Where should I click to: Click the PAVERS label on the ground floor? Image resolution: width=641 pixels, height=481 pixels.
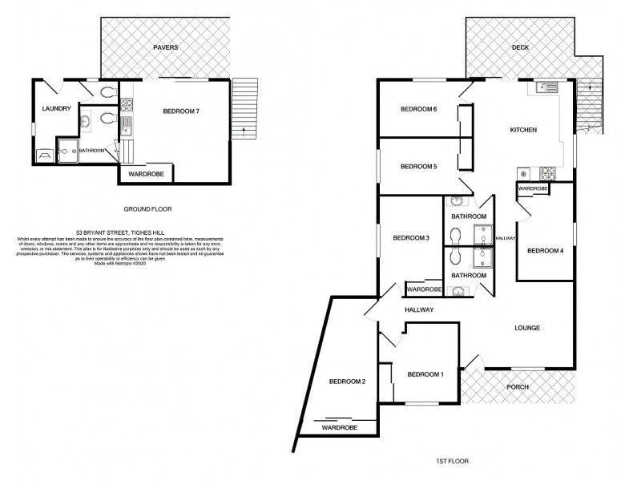[167, 47]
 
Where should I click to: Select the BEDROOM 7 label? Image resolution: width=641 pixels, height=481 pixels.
[181, 111]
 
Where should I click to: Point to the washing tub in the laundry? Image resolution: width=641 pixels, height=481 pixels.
[43, 153]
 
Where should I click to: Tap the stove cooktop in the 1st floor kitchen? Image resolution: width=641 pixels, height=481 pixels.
[549, 172]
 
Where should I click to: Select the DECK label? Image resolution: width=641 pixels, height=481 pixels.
[522, 47]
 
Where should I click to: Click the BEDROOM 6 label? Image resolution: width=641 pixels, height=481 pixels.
[418, 110]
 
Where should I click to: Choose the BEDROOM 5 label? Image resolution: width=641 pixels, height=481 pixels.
[418, 167]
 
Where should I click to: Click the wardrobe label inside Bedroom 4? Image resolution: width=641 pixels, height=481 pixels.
[533, 189]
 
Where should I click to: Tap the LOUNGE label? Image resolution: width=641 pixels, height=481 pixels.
[527, 328]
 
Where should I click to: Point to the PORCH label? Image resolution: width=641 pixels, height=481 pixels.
[518, 387]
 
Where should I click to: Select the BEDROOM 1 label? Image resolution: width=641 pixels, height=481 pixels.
[425, 374]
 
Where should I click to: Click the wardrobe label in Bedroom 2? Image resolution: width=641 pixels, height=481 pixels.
[339, 429]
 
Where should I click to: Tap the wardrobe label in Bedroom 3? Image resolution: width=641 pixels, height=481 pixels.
[424, 289]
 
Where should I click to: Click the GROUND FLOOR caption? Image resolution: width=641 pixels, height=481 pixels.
[148, 209]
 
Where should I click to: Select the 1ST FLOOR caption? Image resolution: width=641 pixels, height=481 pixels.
[453, 462]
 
